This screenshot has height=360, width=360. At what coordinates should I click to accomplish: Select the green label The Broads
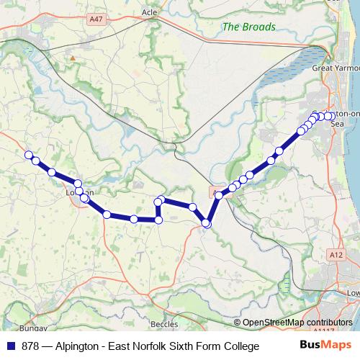pyautogui.click(x=248, y=27)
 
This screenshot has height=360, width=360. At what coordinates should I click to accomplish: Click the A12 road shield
pyautogui.click(x=336, y=255)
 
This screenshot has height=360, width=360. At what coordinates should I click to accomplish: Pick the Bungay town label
pyautogui.click(x=32, y=328)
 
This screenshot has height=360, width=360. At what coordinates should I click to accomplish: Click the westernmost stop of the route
pyautogui.click(x=29, y=155)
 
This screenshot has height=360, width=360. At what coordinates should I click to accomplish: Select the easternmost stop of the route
pyautogui.click(x=329, y=116)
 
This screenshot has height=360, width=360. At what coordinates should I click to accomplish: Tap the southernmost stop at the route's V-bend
pyautogui.click(x=206, y=224)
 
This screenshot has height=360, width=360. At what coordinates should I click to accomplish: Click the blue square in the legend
pyautogui.click(x=10, y=346)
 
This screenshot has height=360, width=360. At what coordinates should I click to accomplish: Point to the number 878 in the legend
pyautogui.click(x=30, y=346)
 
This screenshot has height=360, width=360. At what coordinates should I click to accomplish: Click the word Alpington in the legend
pyautogui.click(x=77, y=346)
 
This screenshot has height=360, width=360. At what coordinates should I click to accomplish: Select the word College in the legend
pyautogui.click(x=239, y=346)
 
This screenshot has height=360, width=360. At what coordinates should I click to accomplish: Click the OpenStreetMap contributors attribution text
pyautogui.click(x=297, y=323)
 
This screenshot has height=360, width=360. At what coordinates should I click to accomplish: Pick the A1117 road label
pyautogui.click(x=325, y=331)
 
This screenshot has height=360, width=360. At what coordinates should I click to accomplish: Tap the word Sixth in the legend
pyautogui.click(x=194, y=346)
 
